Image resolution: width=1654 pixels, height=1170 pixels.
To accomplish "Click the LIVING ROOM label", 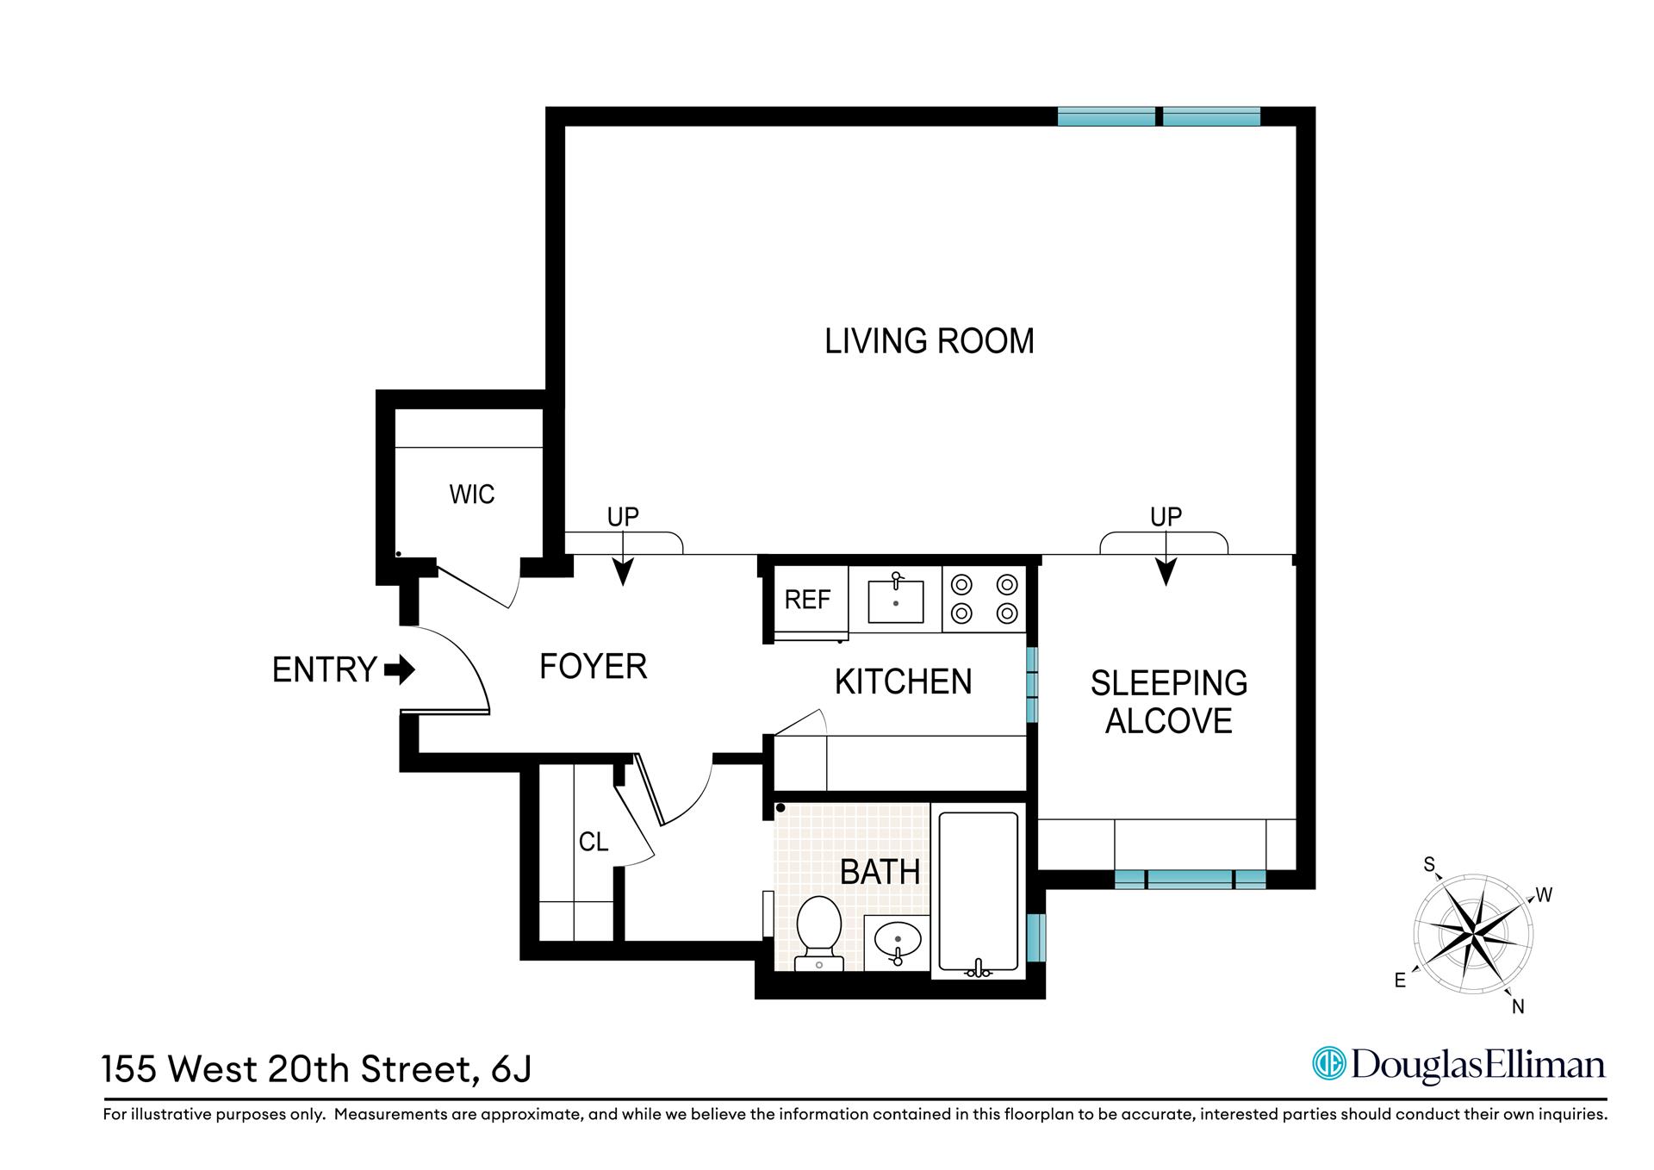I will (929, 341).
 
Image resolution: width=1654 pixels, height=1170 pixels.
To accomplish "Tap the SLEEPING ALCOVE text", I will (1168, 701).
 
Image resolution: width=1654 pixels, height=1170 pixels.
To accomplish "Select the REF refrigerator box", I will (807, 600).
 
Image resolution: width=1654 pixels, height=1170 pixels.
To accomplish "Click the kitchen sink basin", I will (896, 601).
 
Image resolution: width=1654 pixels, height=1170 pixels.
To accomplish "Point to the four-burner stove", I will (983, 599).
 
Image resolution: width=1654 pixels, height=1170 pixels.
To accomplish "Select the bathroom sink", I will (898, 940).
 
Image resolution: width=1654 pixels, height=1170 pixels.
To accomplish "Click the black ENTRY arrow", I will (400, 669).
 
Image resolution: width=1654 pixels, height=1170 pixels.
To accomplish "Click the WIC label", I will (471, 495).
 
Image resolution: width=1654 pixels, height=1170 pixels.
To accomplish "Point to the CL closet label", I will (594, 842).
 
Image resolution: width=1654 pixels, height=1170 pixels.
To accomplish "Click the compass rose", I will (1473, 934).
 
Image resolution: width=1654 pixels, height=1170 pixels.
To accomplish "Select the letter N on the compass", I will (1518, 1006).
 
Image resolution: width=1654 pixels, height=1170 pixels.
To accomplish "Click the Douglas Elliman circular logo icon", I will (1328, 1065).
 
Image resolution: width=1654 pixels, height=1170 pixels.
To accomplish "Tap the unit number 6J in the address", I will (511, 1070).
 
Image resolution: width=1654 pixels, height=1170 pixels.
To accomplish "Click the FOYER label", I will (593, 667).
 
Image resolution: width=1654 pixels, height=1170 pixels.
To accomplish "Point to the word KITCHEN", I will (903, 682).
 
